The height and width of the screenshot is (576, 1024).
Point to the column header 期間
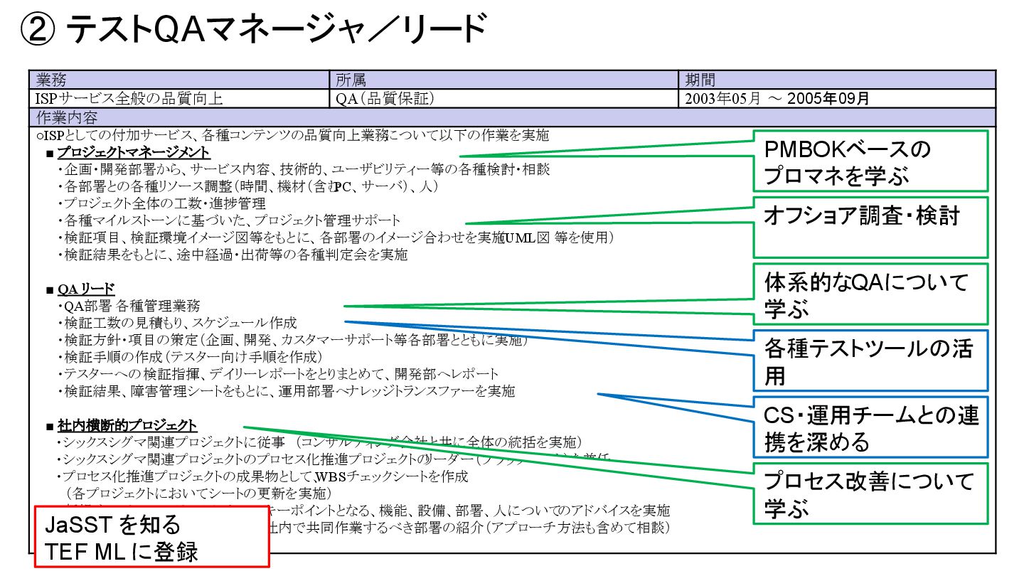(x=700, y=80)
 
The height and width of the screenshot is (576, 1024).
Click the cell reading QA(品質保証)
(x=385, y=98)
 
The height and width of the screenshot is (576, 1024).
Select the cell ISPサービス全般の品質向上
(x=129, y=98)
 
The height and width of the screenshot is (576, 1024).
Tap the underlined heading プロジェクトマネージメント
(x=133, y=152)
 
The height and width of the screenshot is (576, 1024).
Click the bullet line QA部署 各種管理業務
(x=132, y=306)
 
